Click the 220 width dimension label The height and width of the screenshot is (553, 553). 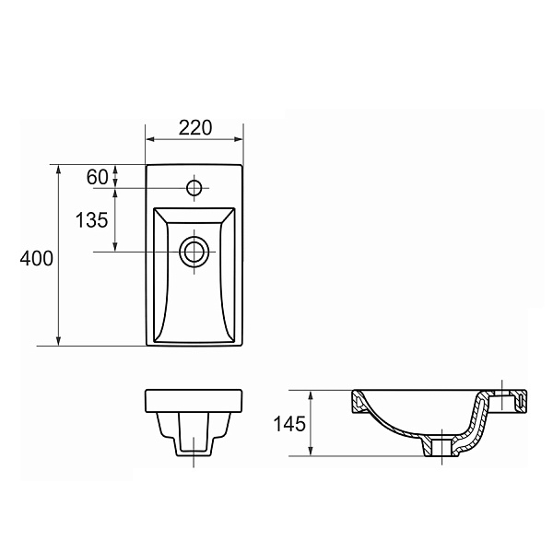[x=195, y=128]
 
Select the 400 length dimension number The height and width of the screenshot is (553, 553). [x=36, y=258]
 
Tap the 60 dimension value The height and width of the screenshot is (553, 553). [x=98, y=177]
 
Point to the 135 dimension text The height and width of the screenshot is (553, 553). [x=91, y=220]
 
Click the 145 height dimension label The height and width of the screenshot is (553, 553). [x=289, y=424]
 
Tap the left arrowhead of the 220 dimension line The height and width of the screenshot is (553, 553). [x=150, y=139]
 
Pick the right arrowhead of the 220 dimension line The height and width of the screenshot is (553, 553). [x=239, y=139]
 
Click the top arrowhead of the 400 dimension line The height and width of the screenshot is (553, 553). [x=59, y=170]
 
